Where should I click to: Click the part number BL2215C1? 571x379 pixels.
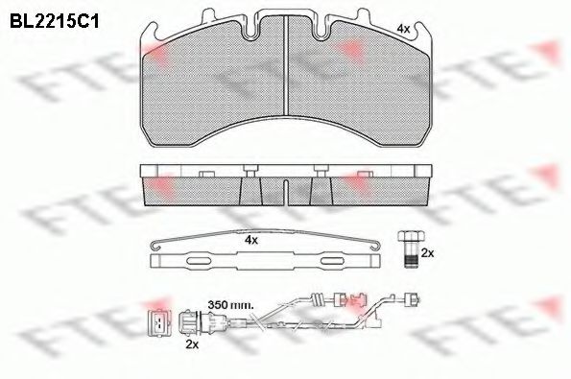coord(54,21)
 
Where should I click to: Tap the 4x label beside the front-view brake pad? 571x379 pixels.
coord(403,29)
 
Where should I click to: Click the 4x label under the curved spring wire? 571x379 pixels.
coord(251,240)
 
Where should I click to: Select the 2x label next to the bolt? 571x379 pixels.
coord(427,253)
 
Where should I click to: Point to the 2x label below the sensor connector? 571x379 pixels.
coord(192,344)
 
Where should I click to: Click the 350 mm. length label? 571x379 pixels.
coord(230,305)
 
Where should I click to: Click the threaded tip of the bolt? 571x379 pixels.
coord(412,261)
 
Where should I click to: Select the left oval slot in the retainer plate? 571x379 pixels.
coord(199,261)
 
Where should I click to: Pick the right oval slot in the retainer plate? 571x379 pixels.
coord(332,261)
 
